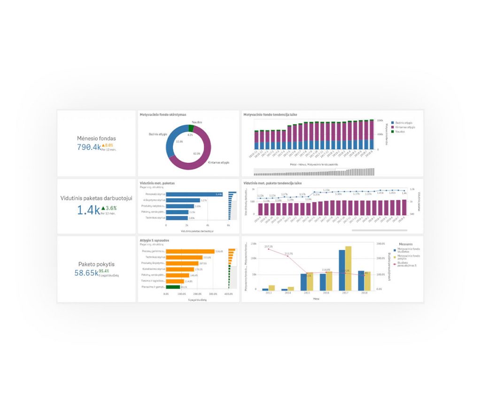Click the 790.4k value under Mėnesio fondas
coord(89,147)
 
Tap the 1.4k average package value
coord(89,210)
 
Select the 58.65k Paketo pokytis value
coord(86,272)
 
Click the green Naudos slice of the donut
coord(191,128)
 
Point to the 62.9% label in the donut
coord(196,153)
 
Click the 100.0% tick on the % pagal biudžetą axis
coord(182,294)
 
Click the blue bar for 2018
coord(361,280)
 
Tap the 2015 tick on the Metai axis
coord(306,293)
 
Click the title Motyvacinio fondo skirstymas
coord(163,114)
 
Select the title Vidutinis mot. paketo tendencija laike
coord(272,182)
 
